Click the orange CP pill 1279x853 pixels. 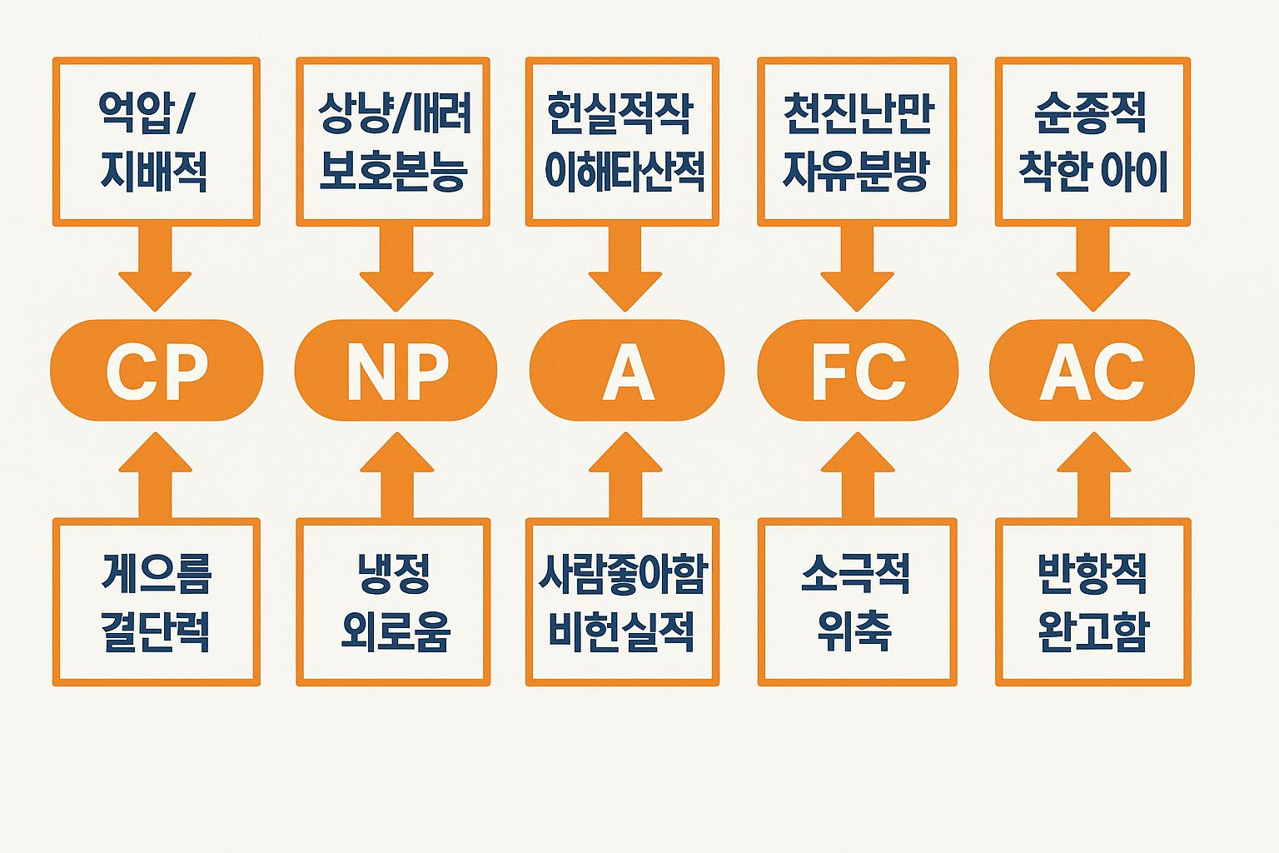coord(157,371)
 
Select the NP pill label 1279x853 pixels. coord(396,371)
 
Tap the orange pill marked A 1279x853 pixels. coord(627,371)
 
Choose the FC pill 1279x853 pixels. coord(858,371)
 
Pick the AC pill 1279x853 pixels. coord(1092,371)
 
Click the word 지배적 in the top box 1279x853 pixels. coord(154,172)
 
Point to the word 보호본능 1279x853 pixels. coord(393,172)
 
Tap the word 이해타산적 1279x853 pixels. coord(624,172)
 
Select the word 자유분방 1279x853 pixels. coord(856,172)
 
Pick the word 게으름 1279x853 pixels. coord(156,573)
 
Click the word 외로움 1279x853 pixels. coord(396,631)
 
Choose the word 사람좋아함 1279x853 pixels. coord(623,573)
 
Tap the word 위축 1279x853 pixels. coord(855,631)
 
